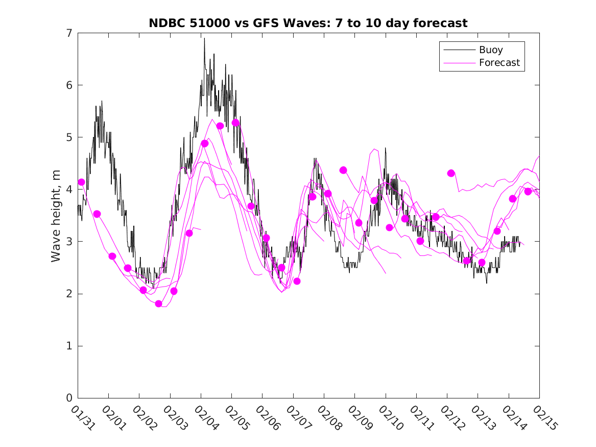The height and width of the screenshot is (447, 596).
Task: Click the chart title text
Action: (x=308, y=23)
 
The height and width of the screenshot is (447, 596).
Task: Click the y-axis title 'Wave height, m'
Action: (x=56, y=216)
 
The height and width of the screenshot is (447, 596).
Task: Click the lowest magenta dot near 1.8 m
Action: (x=158, y=304)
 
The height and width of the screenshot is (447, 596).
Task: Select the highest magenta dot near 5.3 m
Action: (x=235, y=123)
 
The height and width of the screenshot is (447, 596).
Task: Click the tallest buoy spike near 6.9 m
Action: (x=204, y=39)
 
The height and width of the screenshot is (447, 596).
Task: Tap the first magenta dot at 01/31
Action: (x=81, y=182)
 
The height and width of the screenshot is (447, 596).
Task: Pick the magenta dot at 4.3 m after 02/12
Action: (x=451, y=173)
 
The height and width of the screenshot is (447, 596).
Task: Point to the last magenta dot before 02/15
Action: (x=528, y=192)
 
